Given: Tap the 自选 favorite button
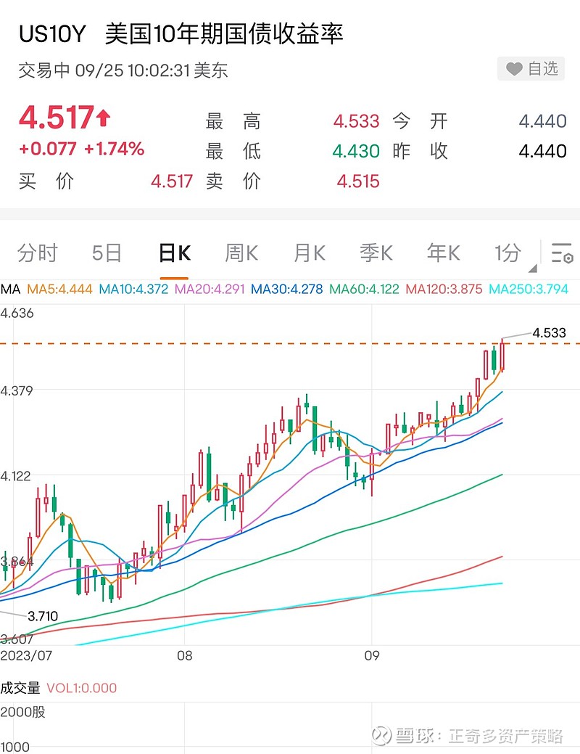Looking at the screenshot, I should click(532, 69).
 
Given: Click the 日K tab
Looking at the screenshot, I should click(174, 253).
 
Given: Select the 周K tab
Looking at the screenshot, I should click(241, 253).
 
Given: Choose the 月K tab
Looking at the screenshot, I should click(309, 253).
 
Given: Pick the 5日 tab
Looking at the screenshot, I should click(107, 253).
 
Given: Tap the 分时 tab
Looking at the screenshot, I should click(37, 253).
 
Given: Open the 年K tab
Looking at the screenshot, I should click(443, 253).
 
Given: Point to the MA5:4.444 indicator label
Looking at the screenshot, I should click(59, 289).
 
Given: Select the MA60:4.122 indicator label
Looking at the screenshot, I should click(364, 289).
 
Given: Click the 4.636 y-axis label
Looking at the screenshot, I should click(17, 314).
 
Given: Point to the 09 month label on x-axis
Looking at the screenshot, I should click(371, 655).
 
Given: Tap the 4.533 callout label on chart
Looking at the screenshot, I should click(549, 333).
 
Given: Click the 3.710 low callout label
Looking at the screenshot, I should click(43, 616).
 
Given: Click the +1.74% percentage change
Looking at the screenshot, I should click(114, 149).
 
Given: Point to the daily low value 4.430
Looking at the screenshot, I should click(356, 151).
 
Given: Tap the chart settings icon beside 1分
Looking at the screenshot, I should click(562, 253).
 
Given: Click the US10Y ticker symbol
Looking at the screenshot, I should click(51, 34).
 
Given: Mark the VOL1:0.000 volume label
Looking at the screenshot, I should click(81, 688).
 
